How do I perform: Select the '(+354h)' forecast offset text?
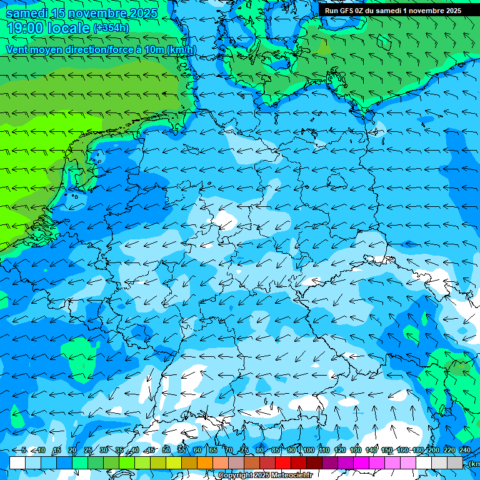[x=111, y=27]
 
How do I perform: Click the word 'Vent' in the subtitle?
[x=18, y=50]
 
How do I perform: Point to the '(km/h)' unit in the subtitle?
[x=181, y=50]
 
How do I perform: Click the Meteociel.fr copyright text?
[x=265, y=476]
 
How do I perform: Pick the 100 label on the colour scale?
[x=307, y=450]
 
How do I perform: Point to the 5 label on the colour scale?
[x=24, y=450]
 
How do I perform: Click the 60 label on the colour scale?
[x=197, y=450]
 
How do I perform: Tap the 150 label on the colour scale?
[x=386, y=450]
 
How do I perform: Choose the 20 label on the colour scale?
[x=72, y=450]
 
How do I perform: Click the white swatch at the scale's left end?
[x=17, y=462]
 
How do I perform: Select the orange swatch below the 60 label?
[x=204, y=462]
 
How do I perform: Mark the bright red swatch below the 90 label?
[x=282, y=462]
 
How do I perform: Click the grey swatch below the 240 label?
[x=454, y=462]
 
